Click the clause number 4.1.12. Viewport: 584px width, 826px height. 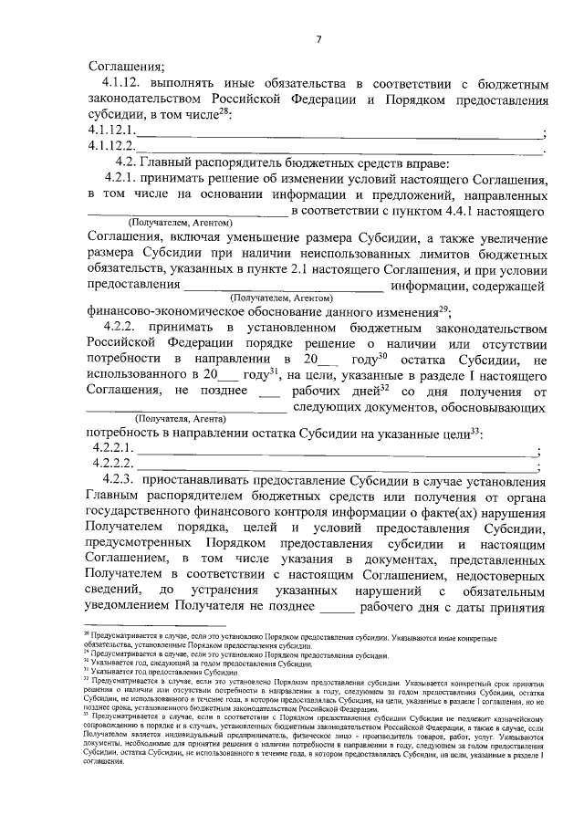(x=126, y=84)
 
